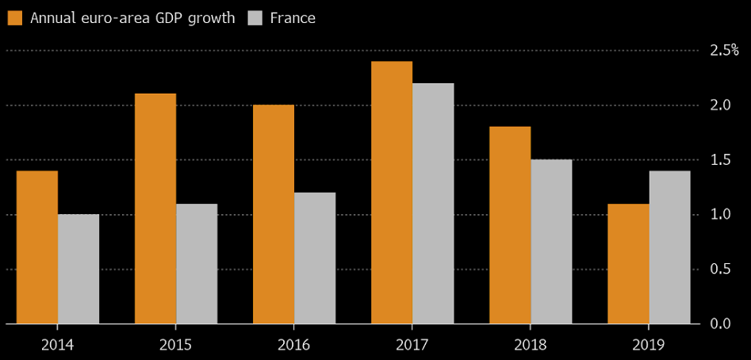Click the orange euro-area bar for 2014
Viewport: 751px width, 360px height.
pos(37,247)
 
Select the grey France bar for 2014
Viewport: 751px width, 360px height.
pos(79,269)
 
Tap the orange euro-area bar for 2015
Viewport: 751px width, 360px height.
pos(155,209)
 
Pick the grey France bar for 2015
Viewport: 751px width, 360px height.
pos(197,264)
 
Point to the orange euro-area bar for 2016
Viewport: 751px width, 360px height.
pos(274,214)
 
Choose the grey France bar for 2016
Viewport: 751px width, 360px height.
pos(315,258)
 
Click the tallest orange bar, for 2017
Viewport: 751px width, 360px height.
pos(392,193)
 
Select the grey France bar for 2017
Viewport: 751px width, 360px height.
pos(433,204)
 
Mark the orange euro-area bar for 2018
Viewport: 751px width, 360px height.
pos(510,225)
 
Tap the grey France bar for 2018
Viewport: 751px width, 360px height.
pos(551,242)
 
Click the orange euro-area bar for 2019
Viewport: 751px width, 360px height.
pos(628,264)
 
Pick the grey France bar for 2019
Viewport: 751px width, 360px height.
pos(669,247)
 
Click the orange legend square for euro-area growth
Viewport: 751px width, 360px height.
pos(15,17)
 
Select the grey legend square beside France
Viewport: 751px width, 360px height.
pos(255,17)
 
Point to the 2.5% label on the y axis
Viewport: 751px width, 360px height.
pos(724,50)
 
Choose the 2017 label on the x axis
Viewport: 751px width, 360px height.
pos(412,344)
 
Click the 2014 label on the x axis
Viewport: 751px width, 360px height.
pos(58,344)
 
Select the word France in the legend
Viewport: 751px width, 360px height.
pos(293,17)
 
